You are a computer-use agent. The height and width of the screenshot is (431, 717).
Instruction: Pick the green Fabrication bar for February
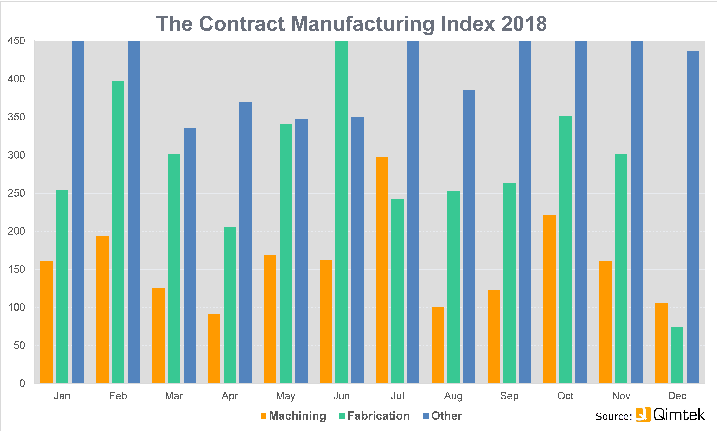pyautogui.click(x=118, y=232)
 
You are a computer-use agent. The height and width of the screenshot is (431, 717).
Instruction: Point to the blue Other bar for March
pyautogui.click(x=189, y=256)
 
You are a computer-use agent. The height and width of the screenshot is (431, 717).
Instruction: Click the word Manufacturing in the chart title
pyautogui.click(x=362, y=24)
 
